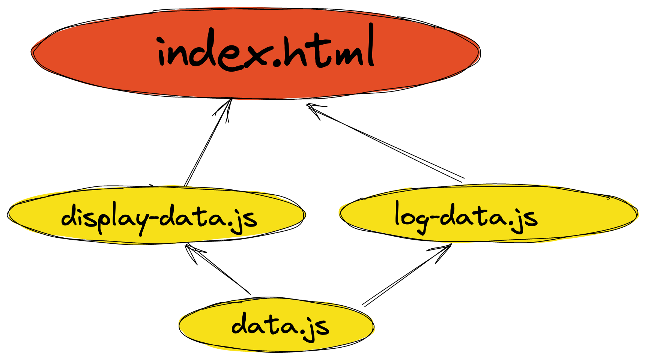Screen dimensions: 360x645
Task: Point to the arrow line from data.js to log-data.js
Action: pyautogui.click(x=405, y=276)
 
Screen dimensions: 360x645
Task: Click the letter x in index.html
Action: pyautogui.click(x=255, y=56)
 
